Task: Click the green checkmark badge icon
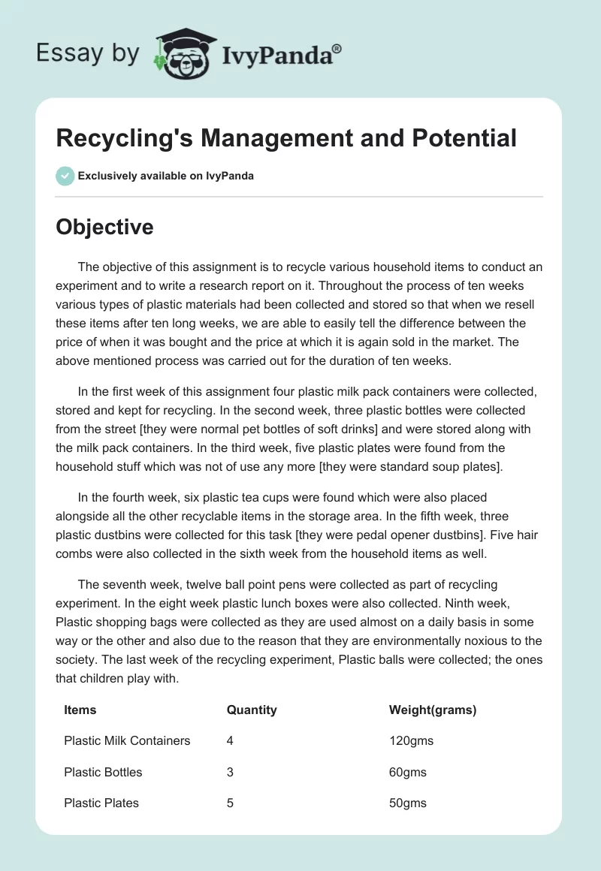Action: pos(65,176)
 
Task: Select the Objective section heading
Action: pos(104,227)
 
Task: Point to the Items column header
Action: pos(80,710)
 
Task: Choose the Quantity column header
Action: pos(252,710)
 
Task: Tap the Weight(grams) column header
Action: pos(433,710)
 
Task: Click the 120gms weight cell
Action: pos(411,740)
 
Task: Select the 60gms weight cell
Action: pos(408,772)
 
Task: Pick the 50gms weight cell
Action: pos(408,803)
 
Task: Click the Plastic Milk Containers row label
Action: pos(127,740)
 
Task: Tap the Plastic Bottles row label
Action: pos(103,772)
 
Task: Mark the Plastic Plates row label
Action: pos(101,803)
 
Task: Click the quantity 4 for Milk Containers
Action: pos(230,740)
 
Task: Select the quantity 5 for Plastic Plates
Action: pos(230,803)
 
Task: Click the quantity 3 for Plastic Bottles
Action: pos(230,772)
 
